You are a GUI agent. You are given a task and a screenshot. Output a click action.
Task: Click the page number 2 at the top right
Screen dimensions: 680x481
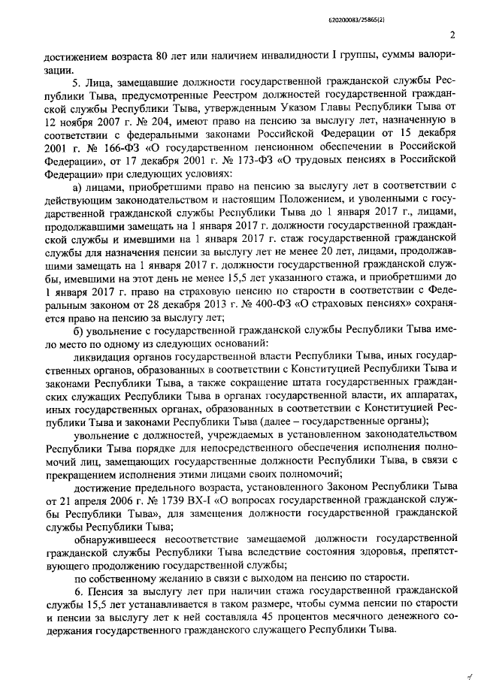tap(453, 34)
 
